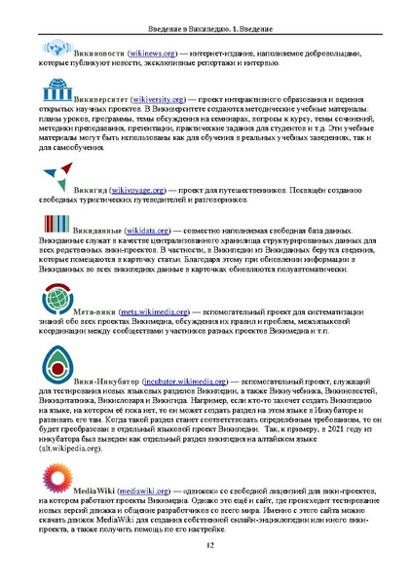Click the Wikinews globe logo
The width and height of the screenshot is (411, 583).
click(56, 47)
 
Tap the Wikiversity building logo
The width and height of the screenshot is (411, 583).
click(56, 95)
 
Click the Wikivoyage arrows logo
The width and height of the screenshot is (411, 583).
click(56, 179)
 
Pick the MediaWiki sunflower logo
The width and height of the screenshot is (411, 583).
click(56, 478)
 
